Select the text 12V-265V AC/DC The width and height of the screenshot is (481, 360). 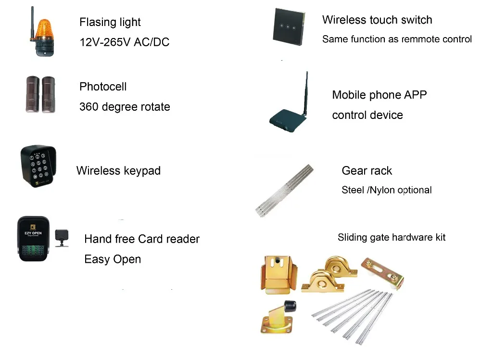pyautogui.click(x=124, y=42)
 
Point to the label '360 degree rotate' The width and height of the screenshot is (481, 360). pyautogui.click(x=124, y=106)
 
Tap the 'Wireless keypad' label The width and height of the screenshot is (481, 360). pyautogui.click(x=118, y=171)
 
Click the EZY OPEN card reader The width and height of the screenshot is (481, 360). pyautogui.click(x=33, y=239)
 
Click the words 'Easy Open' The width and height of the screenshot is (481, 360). pyautogui.click(x=113, y=259)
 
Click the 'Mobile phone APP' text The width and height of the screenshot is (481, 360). pyautogui.click(x=379, y=95)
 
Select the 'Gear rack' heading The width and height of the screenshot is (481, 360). pyautogui.click(x=367, y=171)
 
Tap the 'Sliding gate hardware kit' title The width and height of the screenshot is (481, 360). pyautogui.click(x=392, y=237)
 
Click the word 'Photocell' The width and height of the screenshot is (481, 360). pyautogui.click(x=103, y=87)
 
